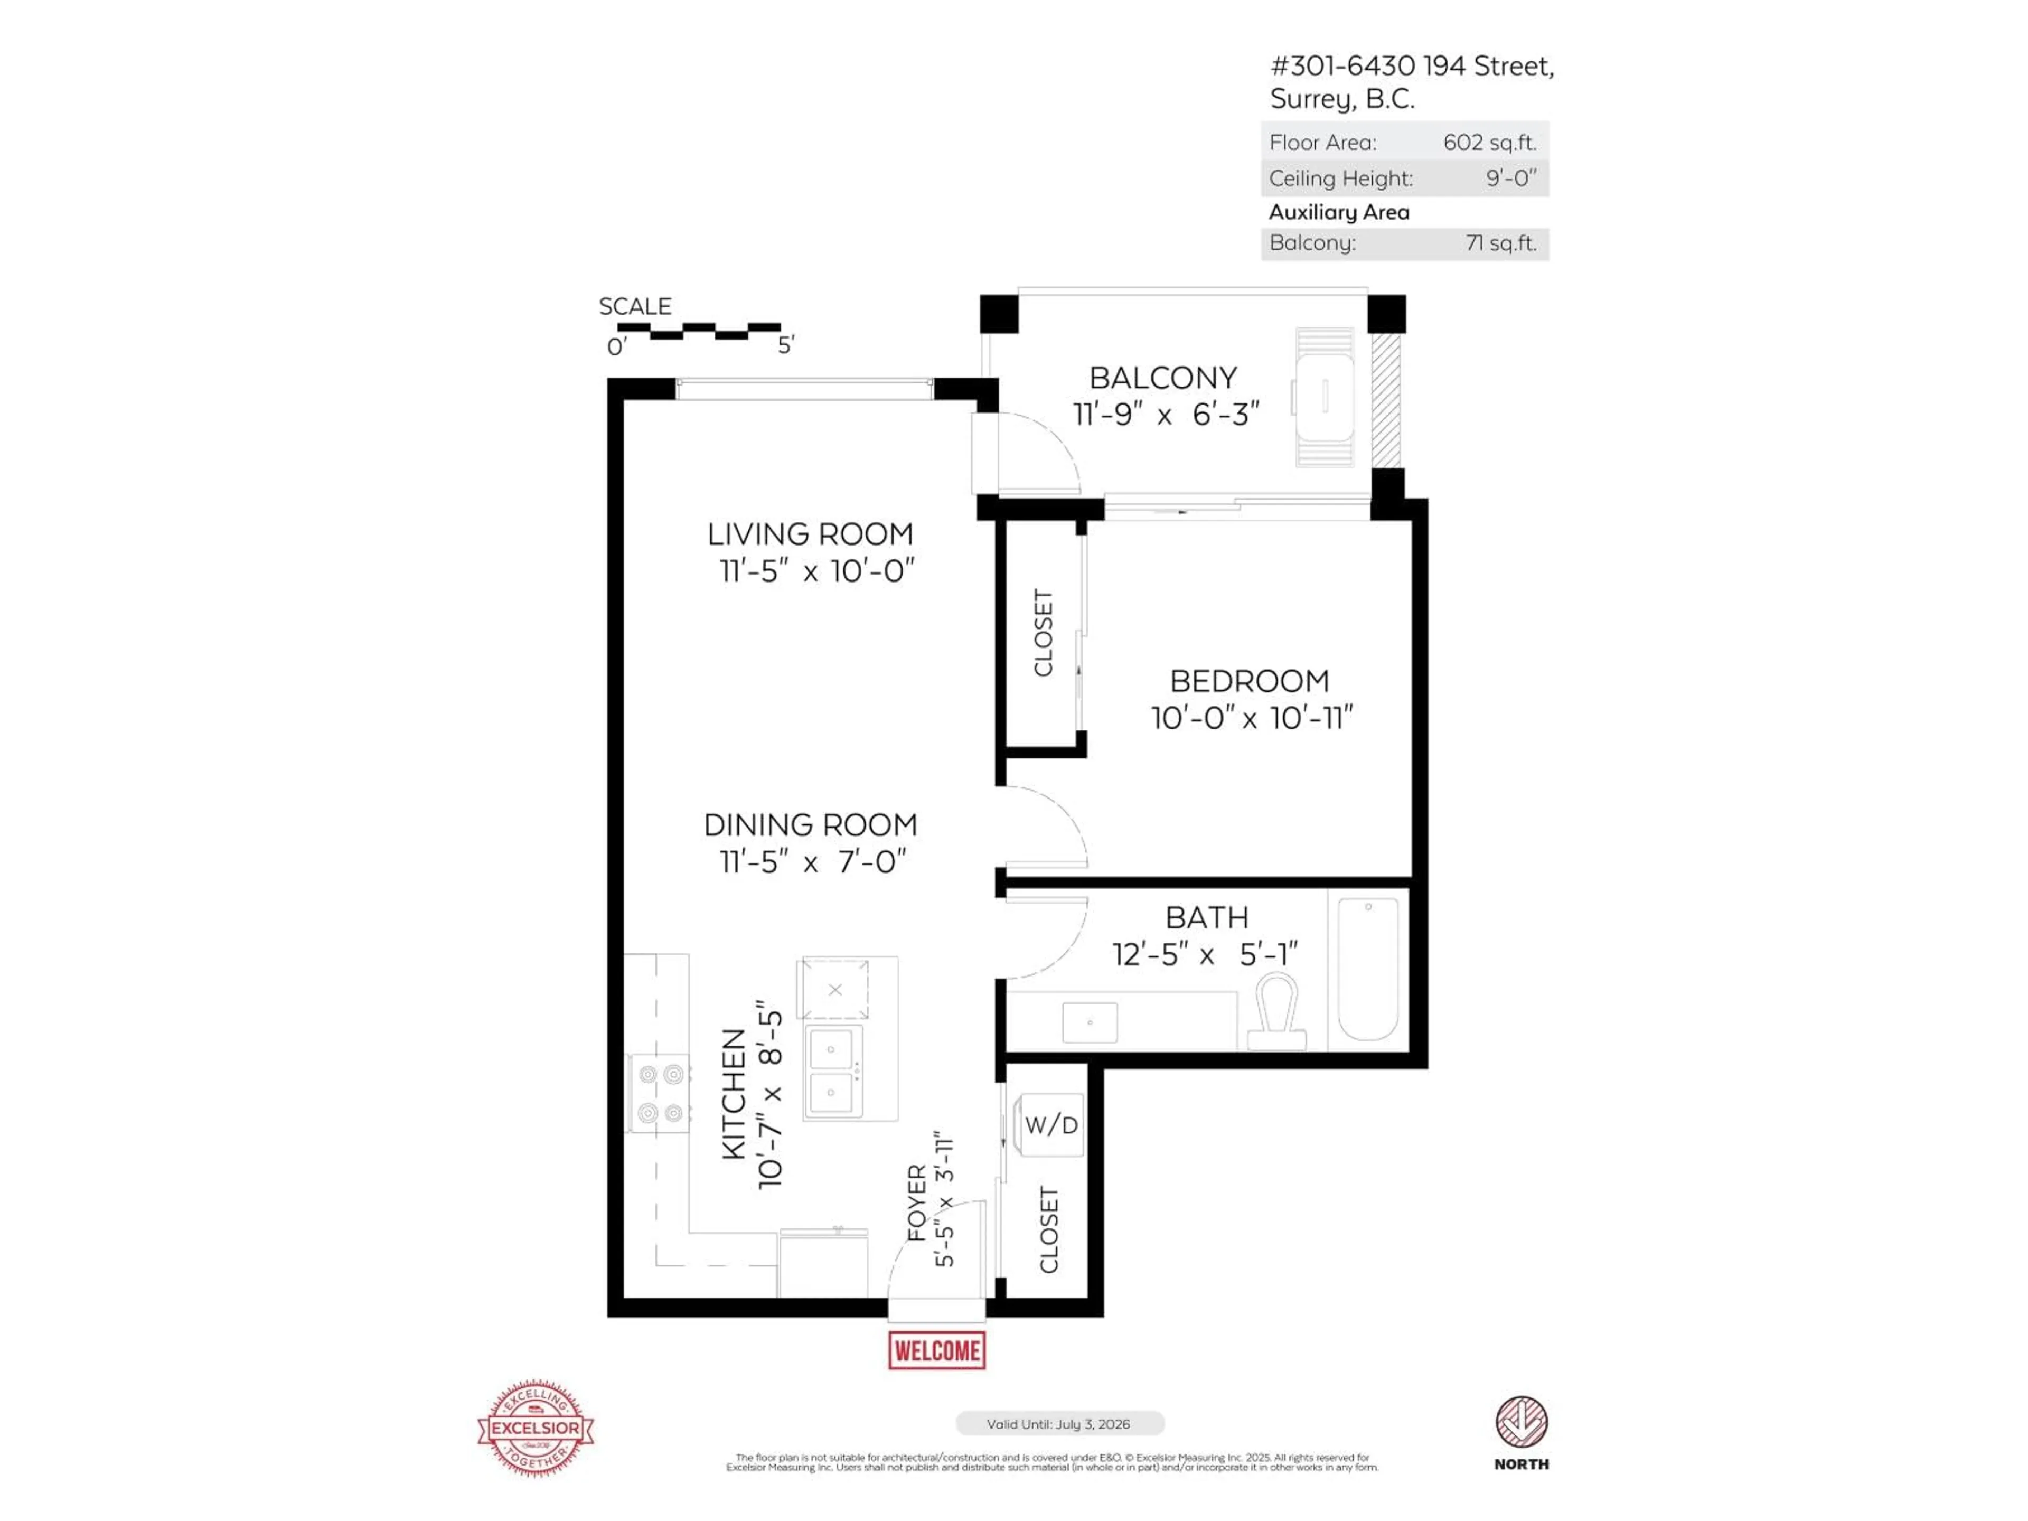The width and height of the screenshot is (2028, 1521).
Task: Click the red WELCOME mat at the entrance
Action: [x=936, y=1350]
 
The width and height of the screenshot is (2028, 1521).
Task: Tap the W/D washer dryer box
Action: [x=1050, y=1125]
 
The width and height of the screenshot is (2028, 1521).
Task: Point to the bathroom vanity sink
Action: [x=1089, y=1022]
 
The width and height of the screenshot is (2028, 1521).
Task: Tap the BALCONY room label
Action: [x=1162, y=378]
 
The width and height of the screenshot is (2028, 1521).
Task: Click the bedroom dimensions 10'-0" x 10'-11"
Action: [x=1252, y=718]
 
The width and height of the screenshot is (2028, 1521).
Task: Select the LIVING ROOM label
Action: [x=810, y=533]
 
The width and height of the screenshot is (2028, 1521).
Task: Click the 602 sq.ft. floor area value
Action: [x=1489, y=142]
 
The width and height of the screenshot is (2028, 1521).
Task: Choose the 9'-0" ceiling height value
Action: [x=1510, y=178]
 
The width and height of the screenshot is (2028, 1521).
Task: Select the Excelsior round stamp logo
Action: [x=536, y=1428]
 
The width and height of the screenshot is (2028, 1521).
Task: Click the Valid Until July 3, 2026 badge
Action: [x=1059, y=1424]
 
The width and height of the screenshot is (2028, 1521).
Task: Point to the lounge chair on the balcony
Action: [x=1324, y=397]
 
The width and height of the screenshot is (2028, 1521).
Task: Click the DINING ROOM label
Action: [x=810, y=824]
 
